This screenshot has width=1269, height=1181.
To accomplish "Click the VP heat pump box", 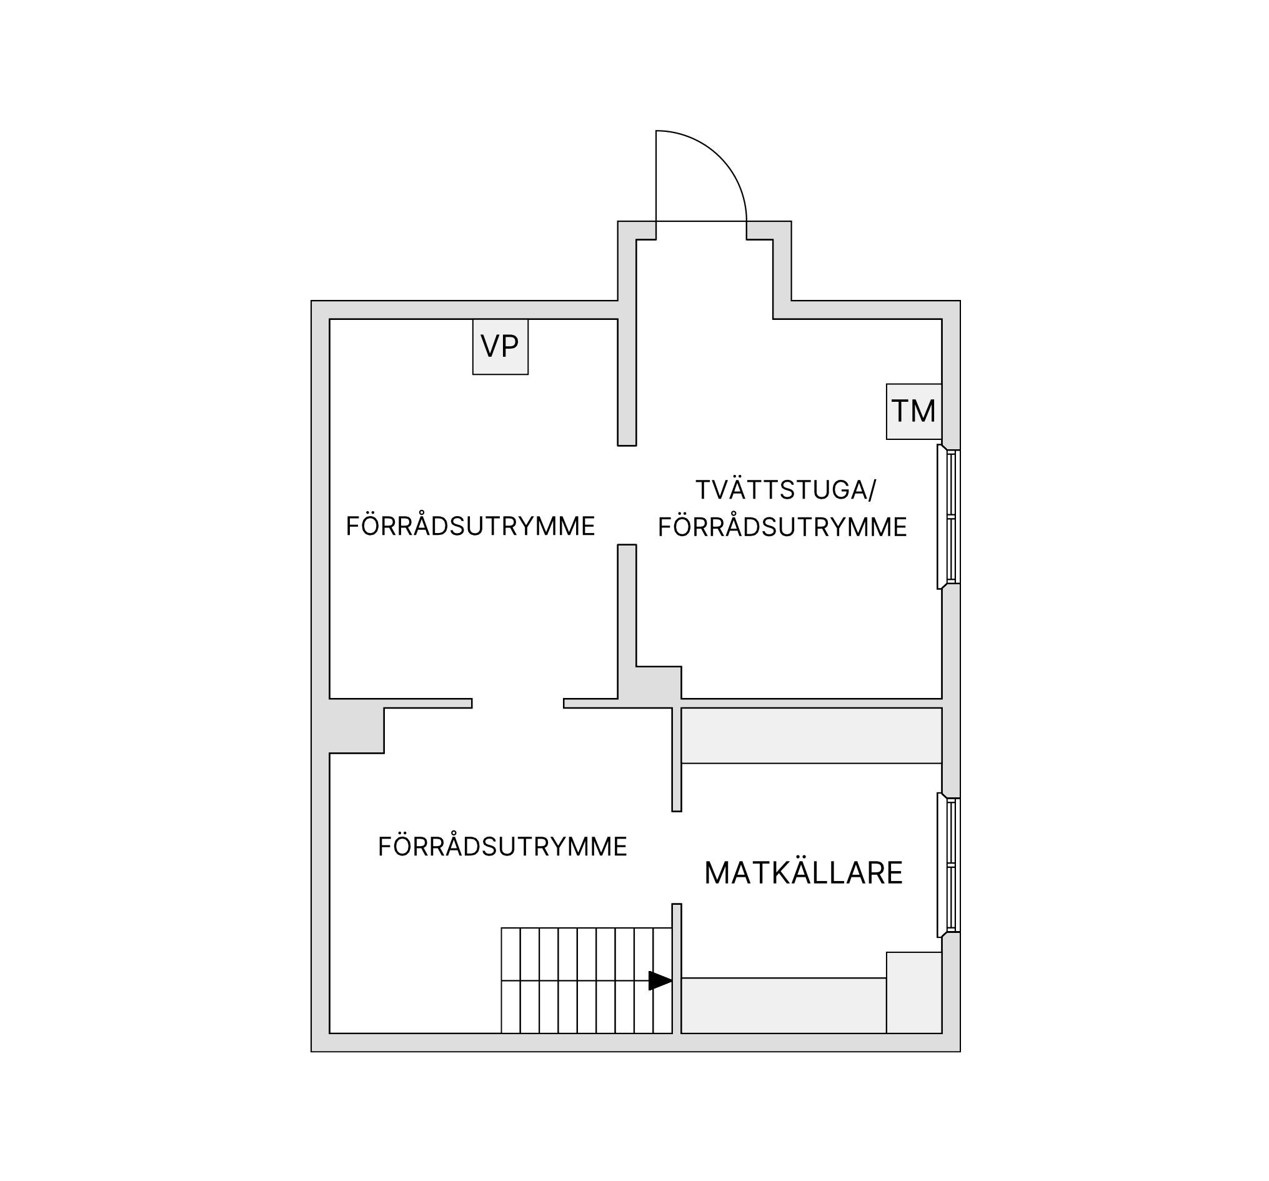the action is (x=500, y=347).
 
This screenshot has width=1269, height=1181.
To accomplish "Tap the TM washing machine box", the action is (x=914, y=412).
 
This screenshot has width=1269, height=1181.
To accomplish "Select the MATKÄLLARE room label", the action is (x=803, y=873).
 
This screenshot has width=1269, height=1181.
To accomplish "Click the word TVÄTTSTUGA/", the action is (x=786, y=490).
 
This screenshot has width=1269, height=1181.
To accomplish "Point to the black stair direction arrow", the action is (x=660, y=980).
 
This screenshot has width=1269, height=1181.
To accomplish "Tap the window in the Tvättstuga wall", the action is (x=948, y=517).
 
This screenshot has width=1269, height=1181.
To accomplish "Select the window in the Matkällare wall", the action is (x=948, y=865).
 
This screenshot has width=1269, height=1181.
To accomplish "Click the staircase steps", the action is (x=587, y=980).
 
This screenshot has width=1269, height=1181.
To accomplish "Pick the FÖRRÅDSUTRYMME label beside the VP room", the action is (x=470, y=527).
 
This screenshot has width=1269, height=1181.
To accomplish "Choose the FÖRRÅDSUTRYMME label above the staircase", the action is (x=502, y=847).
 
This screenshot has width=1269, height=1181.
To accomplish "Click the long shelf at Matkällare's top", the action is (x=812, y=735).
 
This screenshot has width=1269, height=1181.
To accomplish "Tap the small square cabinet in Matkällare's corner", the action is (x=914, y=993).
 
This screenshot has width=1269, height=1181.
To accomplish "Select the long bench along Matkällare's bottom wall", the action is (x=784, y=1005).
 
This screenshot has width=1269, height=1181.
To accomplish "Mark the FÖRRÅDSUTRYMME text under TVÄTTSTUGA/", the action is (x=783, y=527).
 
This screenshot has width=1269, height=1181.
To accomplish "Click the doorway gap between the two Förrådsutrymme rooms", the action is (x=518, y=704).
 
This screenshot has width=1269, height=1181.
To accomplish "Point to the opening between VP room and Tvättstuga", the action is (x=627, y=496).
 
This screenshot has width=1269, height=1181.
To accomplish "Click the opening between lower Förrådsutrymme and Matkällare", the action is (x=677, y=858).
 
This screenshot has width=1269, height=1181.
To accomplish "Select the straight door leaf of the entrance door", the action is (x=656, y=176).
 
